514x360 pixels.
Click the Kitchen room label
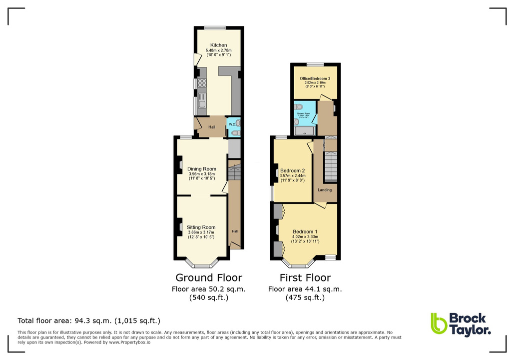click(x=218, y=45)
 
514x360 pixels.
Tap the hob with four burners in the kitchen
click(x=202, y=83)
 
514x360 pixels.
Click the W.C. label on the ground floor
click(x=232, y=124)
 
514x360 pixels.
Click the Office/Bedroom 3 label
click(x=315, y=79)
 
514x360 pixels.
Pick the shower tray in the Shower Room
click(x=304, y=131)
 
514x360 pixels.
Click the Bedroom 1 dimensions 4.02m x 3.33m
click(x=306, y=237)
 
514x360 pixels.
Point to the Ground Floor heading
click(x=209, y=277)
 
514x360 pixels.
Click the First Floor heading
click(x=305, y=277)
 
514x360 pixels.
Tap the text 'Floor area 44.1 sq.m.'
click(x=305, y=289)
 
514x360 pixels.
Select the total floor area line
click(x=89, y=320)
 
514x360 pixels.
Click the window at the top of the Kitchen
click(x=215, y=27)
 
